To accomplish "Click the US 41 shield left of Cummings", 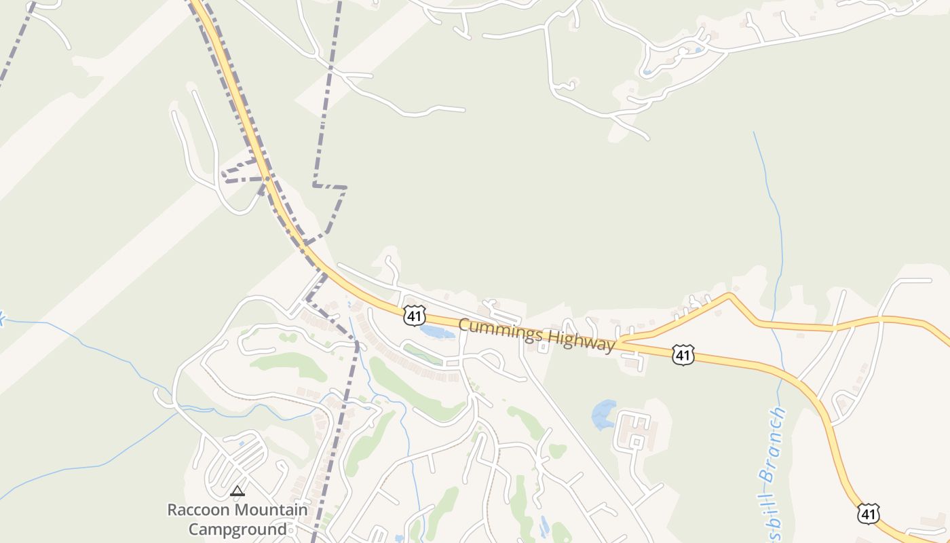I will click(x=414, y=314).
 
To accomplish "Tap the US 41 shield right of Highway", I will click(x=683, y=354).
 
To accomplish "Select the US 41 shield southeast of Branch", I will click(x=869, y=513).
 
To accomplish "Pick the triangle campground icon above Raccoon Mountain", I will click(x=237, y=491).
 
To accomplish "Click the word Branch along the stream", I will click(x=774, y=445).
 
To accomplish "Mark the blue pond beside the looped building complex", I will click(x=603, y=415).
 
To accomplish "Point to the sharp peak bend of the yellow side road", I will click(x=729, y=295).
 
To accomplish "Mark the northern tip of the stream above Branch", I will click(x=754, y=133).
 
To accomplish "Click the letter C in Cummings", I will click(x=464, y=325).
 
